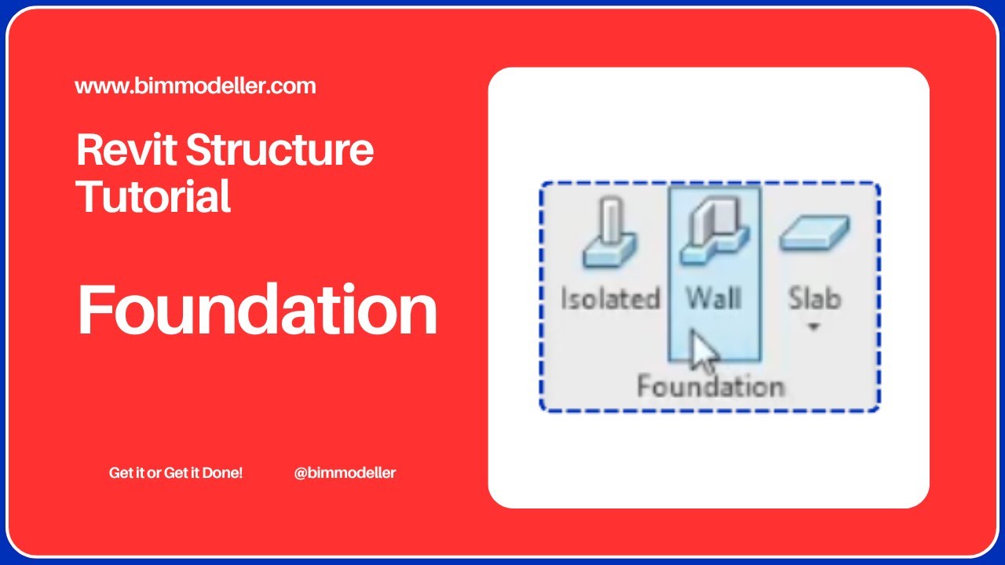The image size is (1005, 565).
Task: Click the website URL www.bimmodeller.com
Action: [x=196, y=86]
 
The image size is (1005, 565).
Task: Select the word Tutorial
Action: [x=153, y=196]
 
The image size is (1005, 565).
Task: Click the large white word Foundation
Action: [x=257, y=309]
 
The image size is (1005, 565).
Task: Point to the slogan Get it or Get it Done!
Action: [x=176, y=473]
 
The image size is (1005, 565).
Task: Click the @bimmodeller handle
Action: [x=345, y=473]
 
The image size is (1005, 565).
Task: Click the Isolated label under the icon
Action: [x=609, y=298]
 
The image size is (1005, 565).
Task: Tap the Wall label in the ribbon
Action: [x=714, y=298]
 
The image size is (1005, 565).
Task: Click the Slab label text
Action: [x=814, y=298]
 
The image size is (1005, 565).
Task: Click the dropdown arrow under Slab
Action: [x=814, y=326]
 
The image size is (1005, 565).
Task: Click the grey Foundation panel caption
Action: [x=710, y=387]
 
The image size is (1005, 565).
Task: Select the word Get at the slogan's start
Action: [x=119, y=473]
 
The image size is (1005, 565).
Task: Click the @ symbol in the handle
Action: [x=300, y=473]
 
